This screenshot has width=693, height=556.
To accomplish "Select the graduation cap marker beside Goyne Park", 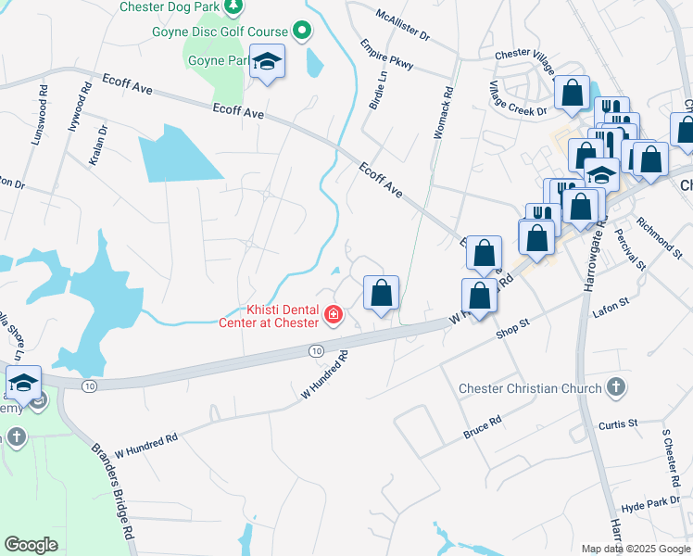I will [x=267, y=62].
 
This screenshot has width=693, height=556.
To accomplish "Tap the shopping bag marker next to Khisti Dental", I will [x=381, y=294].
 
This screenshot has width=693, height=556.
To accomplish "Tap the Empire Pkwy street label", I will [x=387, y=55].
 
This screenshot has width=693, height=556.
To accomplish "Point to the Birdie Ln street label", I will [x=378, y=92].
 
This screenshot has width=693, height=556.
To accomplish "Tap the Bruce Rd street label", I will [x=482, y=426].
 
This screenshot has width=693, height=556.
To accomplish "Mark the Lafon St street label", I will [x=611, y=302].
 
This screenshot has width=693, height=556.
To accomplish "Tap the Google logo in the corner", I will [x=31, y=545].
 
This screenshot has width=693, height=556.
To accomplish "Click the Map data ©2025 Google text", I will [x=635, y=549].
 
